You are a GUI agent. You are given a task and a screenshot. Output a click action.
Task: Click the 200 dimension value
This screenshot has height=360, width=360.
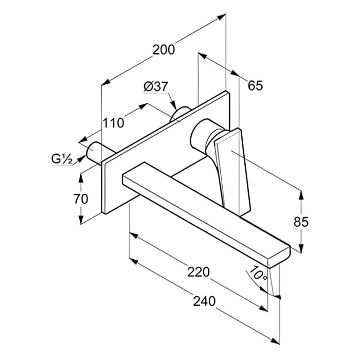[x=164, y=49]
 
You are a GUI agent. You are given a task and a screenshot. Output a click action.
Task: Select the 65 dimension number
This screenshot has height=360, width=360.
[x=255, y=85]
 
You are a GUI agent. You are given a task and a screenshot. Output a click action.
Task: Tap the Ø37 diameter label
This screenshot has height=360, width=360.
[x=156, y=87]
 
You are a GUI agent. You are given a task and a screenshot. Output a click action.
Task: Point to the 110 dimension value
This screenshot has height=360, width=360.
[x=113, y=123]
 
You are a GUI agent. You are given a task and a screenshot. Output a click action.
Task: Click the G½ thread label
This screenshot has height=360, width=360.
[x=61, y=158]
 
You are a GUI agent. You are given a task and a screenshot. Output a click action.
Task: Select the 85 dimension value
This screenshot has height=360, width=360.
[x=301, y=222]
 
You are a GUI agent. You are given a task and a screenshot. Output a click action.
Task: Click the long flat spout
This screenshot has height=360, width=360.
[x=206, y=211]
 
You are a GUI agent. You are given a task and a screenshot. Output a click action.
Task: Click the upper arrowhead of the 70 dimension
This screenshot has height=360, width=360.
[x=81, y=177]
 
